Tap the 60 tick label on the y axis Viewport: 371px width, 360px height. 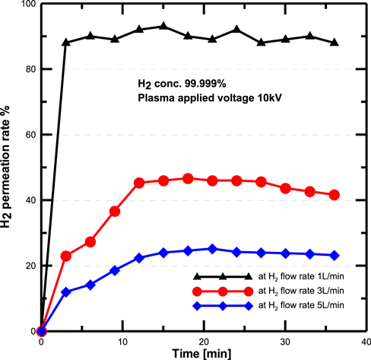coord(30,135)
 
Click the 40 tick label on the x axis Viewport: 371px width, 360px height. coord(365,342)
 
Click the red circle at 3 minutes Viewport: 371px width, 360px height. coord(66,256)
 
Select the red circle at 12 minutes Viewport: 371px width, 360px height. coord(139,183)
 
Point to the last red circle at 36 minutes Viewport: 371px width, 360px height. coord(335,195)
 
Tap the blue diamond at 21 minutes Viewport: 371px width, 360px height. coord(212,249)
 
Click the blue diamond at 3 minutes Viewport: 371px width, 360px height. coord(66,292)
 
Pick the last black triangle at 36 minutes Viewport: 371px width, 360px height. coord(335,43)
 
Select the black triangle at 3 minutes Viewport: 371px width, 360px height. coord(66,43)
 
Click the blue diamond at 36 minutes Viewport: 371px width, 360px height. coord(335,255)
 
